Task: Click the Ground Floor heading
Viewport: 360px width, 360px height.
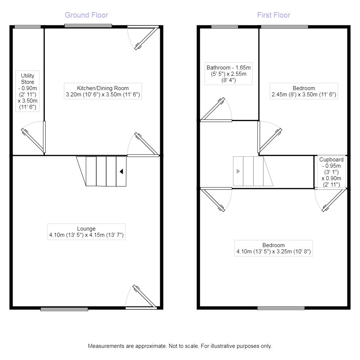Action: (x=86, y=15)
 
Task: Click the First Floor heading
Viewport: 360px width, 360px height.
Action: (x=274, y=15)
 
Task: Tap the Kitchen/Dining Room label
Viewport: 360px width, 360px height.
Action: (x=103, y=91)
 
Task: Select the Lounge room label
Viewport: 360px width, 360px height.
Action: (x=86, y=232)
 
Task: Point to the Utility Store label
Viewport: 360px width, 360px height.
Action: (x=28, y=92)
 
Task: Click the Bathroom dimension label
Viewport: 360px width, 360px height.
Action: (x=228, y=73)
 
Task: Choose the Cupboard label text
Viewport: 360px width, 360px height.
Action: (x=331, y=172)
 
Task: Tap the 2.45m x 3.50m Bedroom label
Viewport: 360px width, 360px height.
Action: (x=304, y=91)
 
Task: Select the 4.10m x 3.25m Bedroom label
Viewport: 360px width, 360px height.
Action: (x=274, y=248)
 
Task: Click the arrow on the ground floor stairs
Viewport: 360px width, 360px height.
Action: (x=121, y=171)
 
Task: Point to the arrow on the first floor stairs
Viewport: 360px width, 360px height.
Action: (x=238, y=171)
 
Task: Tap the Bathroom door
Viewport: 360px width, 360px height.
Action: (x=213, y=109)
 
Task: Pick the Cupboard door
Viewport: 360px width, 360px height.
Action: (x=331, y=200)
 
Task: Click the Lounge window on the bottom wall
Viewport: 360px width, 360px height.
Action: (x=64, y=309)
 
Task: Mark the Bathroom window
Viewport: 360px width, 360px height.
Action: (x=224, y=26)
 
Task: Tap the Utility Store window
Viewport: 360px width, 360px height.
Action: (x=28, y=26)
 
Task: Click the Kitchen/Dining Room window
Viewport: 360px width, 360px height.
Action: (x=88, y=26)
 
